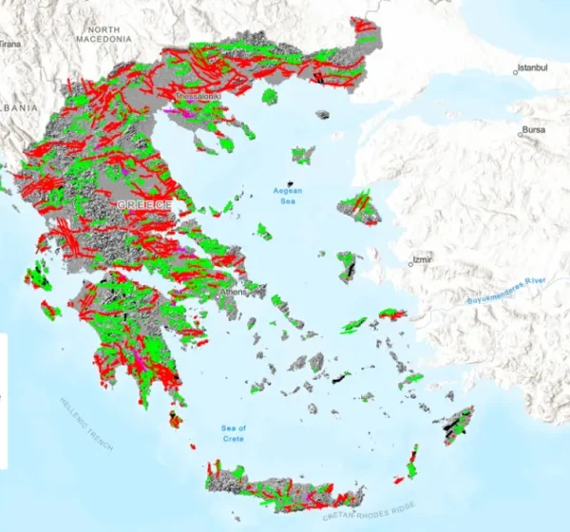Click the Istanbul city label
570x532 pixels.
click(532, 69)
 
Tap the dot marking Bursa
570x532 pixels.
click(520, 134)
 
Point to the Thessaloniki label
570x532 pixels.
click(198, 96)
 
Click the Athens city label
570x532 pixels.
click(233, 292)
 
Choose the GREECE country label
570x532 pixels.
click(144, 205)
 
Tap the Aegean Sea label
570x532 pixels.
click(286, 196)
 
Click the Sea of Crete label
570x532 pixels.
click(233, 433)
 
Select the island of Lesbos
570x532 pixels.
click(359, 208)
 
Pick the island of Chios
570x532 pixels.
click(348, 265)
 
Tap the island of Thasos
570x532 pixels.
click(269, 96)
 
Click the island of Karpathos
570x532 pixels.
click(412, 464)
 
